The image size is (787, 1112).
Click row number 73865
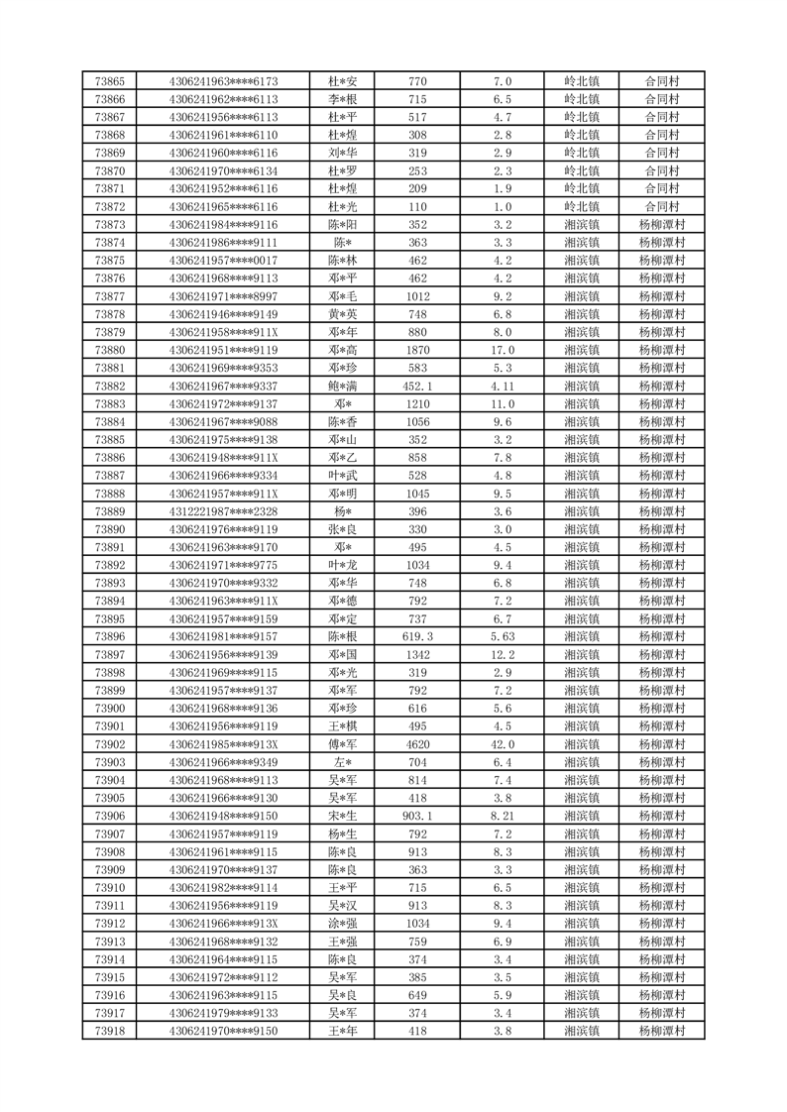[x=109, y=81]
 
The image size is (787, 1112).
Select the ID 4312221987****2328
[x=224, y=511]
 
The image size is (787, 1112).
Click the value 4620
[x=417, y=744]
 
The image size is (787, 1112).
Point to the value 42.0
[x=503, y=744]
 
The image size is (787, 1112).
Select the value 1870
[x=417, y=350]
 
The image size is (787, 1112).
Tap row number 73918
[x=109, y=1031]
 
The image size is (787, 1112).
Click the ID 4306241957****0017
[x=224, y=261]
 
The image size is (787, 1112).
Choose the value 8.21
[x=503, y=816]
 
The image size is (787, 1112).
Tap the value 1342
[x=417, y=655]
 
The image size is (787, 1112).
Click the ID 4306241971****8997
[x=224, y=296]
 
